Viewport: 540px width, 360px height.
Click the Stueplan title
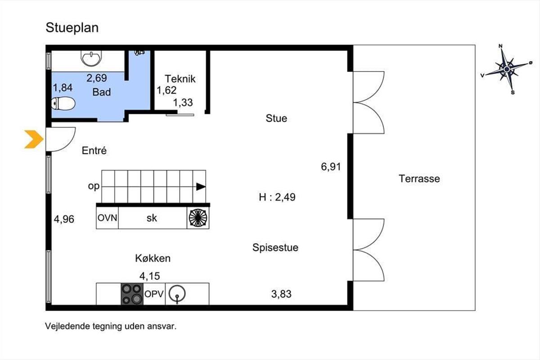[72, 28]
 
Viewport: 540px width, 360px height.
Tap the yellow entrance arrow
[34, 139]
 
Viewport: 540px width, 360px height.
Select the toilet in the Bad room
[63, 103]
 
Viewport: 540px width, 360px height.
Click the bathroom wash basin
[91, 58]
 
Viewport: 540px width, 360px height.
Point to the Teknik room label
[180, 79]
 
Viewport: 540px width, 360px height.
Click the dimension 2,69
[97, 78]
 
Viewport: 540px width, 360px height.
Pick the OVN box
[107, 218]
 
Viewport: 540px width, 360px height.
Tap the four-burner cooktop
[132, 294]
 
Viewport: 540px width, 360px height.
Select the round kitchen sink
[177, 294]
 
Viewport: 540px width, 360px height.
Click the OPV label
[154, 294]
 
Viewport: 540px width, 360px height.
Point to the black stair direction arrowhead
[201, 187]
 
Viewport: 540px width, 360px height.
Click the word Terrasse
[419, 179]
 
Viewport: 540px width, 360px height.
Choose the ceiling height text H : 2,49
[277, 197]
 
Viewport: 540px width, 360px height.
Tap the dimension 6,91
[331, 167]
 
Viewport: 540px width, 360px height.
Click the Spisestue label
[275, 247]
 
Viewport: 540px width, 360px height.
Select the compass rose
[507, 69]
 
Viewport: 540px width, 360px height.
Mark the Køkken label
[153, 258]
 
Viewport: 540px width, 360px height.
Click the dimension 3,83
[281, 294]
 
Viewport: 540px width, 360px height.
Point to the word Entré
[94, 150]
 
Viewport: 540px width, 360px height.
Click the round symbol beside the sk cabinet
[198, 218]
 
